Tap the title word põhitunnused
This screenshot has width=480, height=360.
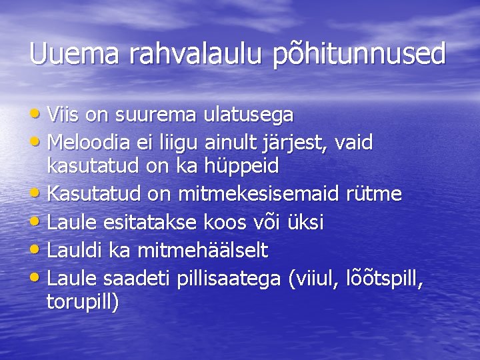[359, 54]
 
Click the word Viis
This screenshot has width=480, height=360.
[64, 115]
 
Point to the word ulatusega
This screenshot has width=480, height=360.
[249, 115]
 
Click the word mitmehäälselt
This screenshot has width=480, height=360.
[202, 250]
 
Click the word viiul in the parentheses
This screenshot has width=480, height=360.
[313, 279]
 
